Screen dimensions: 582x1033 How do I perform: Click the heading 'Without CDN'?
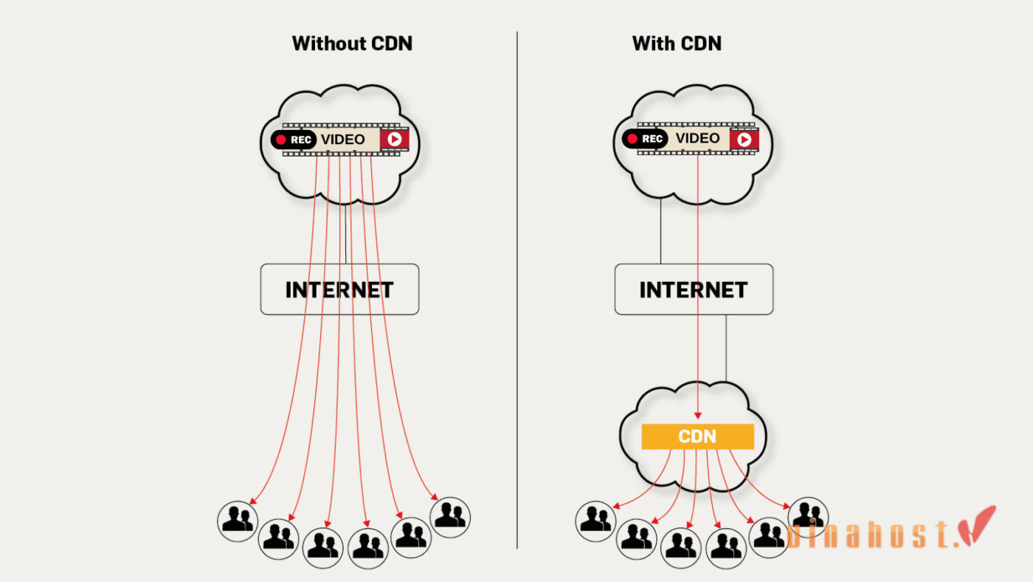[x=352, y=44]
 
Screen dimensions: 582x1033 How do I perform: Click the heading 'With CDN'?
[x=677, y=44]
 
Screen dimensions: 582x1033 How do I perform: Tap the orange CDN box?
[x=697, y=437]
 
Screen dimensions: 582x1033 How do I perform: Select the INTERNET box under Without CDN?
[x=339, y=290]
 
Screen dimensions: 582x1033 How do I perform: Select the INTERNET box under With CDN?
[x=694, y=290]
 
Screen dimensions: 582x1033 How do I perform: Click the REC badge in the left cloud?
[x=293, y=140]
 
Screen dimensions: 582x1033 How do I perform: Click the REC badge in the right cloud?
[x=645, y=139]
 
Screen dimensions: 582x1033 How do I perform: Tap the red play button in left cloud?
[x=394, y=139]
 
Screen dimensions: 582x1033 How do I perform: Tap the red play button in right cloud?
[x=744, y=139]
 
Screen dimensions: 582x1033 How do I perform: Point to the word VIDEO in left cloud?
[x=342, y=140]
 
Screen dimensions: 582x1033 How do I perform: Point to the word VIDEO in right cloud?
[x=697, y=138]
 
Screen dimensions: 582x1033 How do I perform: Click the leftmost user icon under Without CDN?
[x=238, y=519]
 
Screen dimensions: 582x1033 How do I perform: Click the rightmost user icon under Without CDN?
[x=450, y=516]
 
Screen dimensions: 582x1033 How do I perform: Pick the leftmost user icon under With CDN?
[x=595, y=521]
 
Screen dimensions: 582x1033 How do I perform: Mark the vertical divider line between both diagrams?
[x=517, y=295]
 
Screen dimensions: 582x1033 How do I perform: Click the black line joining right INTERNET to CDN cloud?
[x=726, y=347]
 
